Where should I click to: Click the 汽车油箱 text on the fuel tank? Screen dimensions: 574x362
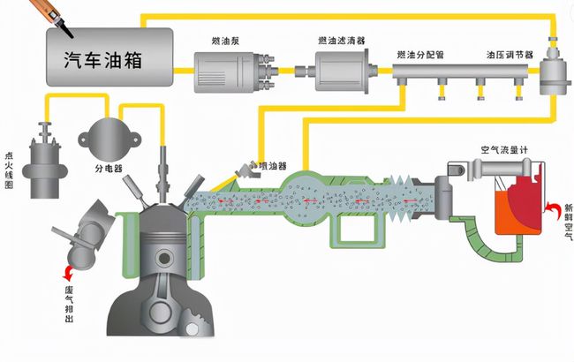tap(102, 59)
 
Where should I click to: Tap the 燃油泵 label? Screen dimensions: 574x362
tap(225, 41)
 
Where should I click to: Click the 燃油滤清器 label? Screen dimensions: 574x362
tap(342, 41)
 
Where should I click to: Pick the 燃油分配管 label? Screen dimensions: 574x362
tap(420, 55)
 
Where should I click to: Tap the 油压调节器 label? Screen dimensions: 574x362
tap(510, 55)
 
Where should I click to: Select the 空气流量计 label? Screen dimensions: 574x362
tap(504, 150)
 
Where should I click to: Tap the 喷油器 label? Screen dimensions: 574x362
tap(273, 166)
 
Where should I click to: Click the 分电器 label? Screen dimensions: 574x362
tap(109, 169)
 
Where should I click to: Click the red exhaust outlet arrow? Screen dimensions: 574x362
tap(68, 273)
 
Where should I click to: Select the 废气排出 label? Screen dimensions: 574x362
tap(69, 304)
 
